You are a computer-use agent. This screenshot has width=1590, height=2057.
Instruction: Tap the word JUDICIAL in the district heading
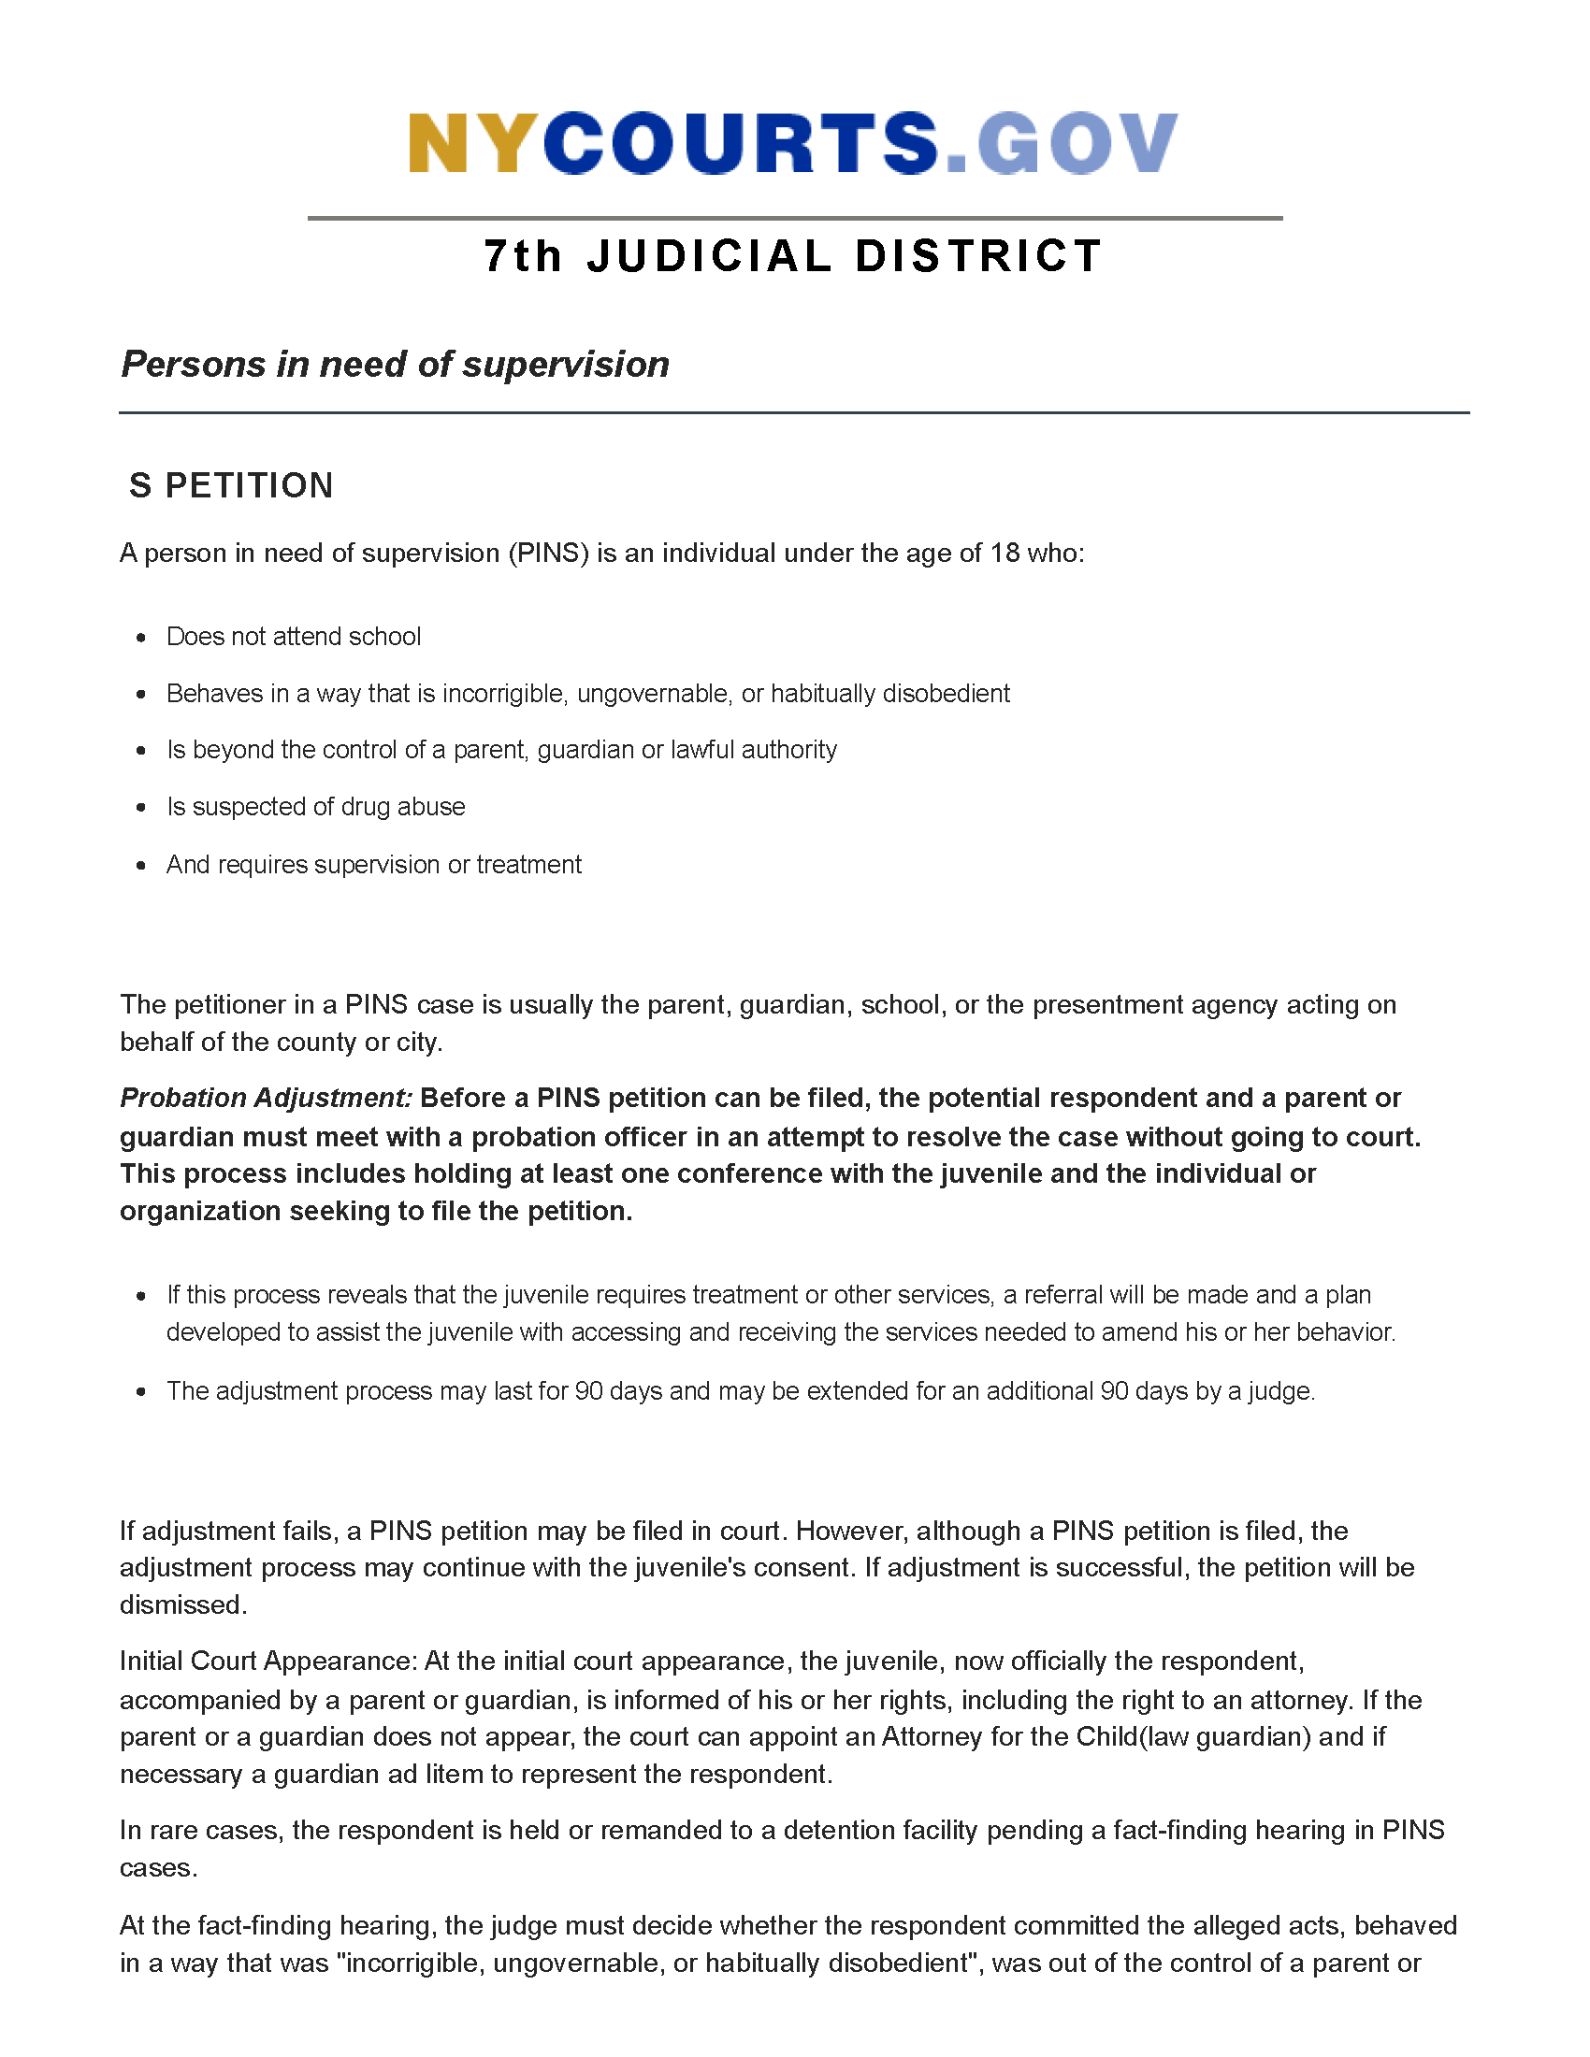click(709, 256)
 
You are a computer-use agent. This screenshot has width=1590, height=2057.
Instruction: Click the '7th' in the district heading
click(523, 256)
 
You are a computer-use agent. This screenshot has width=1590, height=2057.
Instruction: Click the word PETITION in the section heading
click(250, 486)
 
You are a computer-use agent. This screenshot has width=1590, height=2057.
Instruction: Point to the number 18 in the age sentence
click(1005, 553)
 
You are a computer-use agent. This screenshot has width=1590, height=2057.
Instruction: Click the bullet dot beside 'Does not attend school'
click(141, 638)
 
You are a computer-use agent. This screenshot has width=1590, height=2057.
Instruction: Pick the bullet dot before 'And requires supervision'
click(141, 866)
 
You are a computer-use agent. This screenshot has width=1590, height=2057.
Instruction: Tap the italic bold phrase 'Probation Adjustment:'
click(267, 1099)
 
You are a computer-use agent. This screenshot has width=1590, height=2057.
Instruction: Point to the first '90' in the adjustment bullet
click(588, 1391)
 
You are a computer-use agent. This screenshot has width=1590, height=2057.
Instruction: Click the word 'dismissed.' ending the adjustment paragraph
click(182, 1604)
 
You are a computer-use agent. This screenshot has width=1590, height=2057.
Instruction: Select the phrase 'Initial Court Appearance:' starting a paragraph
click(268, 1661)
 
